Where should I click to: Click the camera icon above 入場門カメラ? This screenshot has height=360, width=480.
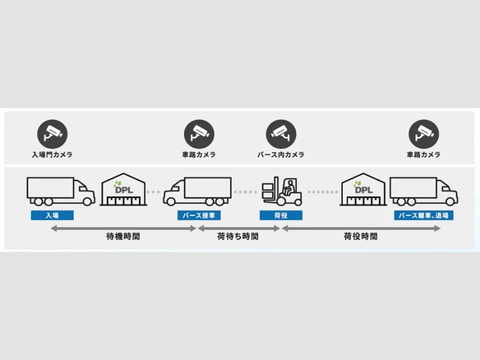point(52,134)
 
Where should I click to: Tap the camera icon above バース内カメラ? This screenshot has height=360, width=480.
point(281,134)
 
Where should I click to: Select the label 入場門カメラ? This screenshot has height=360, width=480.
point(53,155)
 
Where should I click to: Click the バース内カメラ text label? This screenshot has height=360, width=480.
point(281,155)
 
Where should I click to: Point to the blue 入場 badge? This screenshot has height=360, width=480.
point(53,215)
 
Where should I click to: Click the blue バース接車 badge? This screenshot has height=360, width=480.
point(199,215)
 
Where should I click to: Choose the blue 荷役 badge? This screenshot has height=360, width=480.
point(281,215)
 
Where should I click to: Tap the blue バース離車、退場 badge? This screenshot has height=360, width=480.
point(423,215)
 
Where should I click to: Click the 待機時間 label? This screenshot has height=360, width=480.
point(123,237)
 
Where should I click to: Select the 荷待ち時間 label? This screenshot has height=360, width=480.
point(238,237)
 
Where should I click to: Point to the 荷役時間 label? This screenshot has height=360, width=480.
point(361,237)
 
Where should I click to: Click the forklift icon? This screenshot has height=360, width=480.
point(282,191)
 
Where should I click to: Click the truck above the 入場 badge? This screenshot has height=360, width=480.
point(61,191)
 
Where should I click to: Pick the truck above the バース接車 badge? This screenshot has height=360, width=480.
point(197,191)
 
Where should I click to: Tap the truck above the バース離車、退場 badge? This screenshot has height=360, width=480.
point(423,191)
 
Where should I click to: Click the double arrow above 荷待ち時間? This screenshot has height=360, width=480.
point(239,228)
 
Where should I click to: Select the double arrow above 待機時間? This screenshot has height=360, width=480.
point(123,228)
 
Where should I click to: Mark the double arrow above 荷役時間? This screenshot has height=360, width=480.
point(361,228)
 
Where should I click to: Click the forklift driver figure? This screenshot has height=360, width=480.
point(288,187)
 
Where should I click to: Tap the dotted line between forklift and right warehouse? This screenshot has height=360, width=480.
point(322,192)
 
